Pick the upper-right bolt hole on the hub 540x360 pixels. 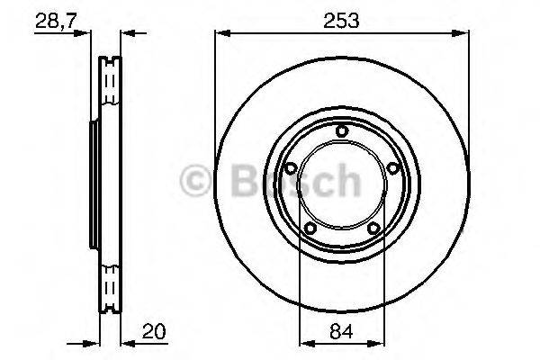[393, 167]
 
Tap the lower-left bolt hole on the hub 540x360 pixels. [310, 228]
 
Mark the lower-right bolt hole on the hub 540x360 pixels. [373, 228]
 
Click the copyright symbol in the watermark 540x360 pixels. [195, 180]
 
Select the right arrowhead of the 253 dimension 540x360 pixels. [464, 34]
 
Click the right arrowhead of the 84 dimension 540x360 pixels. [381, 343]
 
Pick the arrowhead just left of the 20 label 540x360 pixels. [125, 343]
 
